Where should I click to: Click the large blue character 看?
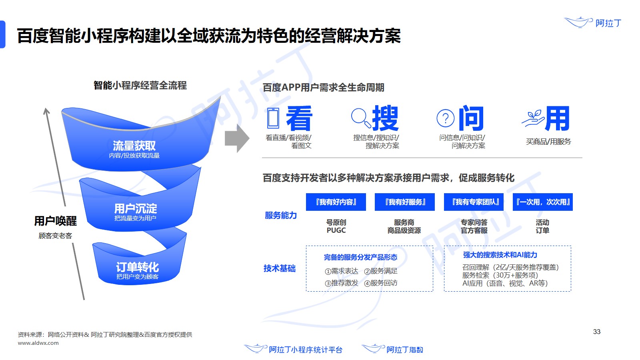(x=299, y=118)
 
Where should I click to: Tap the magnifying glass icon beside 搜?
(x=359, y=116)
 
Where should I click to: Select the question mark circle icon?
(x=445, y=118)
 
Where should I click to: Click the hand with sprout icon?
(x=532, y=119)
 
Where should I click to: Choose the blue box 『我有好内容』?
(x=336, y=202)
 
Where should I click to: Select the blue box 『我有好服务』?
(x=405, y=202)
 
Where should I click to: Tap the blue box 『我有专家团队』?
(x=474, y=202)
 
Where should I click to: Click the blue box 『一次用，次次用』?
(x=543, y=202)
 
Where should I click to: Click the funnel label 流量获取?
(x=134, y=146)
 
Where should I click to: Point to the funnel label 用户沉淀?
(x=135, y=208)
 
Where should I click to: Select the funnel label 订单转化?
(x=137, y=267)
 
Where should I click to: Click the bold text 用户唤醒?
(x=55, y=221)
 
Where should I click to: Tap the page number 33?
(x=596, y=332)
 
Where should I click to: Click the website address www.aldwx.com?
(x=38, y=343)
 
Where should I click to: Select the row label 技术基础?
(x=279, y=268)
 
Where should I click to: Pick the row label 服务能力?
(x=280, y=215)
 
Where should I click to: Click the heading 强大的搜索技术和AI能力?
(x=500, y=255)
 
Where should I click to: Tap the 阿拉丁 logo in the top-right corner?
(x=593, y=22)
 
